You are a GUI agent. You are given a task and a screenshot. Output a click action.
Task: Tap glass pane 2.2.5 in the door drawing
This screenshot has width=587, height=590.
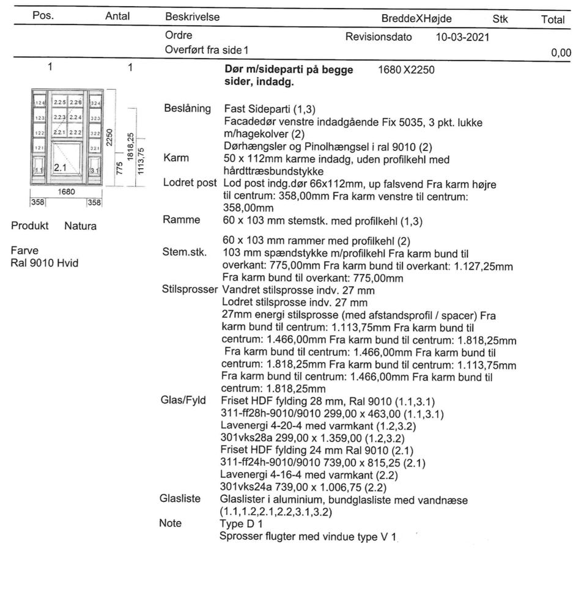(60, 101)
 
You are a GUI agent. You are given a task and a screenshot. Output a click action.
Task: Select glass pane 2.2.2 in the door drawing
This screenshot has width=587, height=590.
(75, 133)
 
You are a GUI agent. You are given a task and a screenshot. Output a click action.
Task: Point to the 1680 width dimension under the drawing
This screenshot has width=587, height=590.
(66, 191)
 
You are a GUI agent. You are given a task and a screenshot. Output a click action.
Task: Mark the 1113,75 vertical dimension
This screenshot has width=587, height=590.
(141, 161)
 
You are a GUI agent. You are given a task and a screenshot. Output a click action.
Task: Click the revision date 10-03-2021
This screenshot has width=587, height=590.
(462, 37)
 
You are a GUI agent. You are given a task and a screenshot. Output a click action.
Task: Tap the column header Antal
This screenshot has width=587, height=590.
(117, 17)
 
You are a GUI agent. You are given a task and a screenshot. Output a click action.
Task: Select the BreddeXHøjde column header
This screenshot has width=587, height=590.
(416, 19)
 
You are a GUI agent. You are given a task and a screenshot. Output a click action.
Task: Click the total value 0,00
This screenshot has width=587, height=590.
(561, 53)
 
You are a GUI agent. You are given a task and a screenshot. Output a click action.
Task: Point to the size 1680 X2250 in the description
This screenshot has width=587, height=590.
(406, 70)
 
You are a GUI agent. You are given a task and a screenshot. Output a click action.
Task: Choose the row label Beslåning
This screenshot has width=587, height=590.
(187, 108)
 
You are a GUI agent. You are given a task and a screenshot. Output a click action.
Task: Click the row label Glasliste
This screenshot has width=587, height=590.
(180, 498)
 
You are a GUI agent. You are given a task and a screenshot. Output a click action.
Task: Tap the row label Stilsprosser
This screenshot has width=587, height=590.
(189, 289)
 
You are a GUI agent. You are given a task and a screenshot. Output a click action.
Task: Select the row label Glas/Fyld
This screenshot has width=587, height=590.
(183, 400)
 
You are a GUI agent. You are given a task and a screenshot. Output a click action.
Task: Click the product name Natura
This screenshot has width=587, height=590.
(80, 226)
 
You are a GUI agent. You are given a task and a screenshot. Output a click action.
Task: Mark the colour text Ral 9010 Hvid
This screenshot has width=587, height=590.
(44, 263)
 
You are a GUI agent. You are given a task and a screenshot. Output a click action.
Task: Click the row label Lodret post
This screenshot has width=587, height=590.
(190, 183)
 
